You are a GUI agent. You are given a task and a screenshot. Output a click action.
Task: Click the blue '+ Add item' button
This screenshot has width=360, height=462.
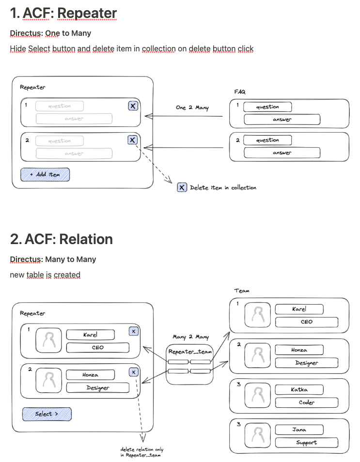(45, 175)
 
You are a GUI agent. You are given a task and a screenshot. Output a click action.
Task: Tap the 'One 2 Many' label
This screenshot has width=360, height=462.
(192, 108)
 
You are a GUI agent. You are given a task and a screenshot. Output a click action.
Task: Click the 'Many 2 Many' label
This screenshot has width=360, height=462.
(190, 337)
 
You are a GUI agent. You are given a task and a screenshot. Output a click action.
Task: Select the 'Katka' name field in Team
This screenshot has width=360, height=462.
(299, 389)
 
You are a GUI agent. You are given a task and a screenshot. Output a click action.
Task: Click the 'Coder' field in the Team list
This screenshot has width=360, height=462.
(306, 402)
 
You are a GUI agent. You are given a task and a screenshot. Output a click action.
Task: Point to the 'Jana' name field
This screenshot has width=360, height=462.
(299, 429)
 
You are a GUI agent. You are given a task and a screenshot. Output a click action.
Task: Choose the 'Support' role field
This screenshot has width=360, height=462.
(306, 442)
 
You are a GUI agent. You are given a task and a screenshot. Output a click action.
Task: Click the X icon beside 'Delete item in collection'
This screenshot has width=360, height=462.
(182, 187)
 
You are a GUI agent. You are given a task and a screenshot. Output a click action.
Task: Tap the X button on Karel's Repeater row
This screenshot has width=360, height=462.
(134, 331)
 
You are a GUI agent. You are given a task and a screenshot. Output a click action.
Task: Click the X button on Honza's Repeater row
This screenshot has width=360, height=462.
(134, 372)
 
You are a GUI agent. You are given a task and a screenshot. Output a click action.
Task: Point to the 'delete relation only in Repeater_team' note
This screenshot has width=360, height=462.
(142, 452)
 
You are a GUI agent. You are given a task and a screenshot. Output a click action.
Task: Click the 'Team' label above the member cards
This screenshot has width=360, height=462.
(242, 291)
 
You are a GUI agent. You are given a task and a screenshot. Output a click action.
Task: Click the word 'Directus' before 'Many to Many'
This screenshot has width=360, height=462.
(26, 260)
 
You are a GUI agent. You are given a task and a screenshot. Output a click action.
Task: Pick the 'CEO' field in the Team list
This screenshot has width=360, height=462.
(306, 322)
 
